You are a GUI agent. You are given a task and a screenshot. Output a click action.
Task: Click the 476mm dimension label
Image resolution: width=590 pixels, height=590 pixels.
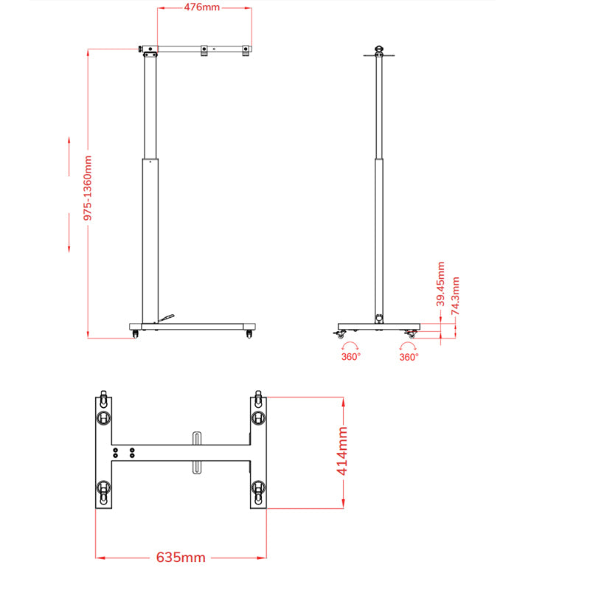point(201,7)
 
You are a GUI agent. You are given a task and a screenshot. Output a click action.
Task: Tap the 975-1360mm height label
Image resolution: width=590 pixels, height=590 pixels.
point(88,187)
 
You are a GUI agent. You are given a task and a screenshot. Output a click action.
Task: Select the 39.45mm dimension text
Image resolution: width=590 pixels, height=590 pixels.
point(441,284)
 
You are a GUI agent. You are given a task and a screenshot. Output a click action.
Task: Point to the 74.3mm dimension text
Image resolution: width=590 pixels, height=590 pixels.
point(456,296)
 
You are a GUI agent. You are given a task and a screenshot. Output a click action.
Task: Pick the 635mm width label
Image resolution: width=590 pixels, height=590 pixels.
point(181,558)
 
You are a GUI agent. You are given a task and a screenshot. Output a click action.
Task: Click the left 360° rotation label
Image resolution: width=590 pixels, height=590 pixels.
point(351,356)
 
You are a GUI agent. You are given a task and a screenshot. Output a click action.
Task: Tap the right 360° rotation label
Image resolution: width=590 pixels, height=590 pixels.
point(409,356)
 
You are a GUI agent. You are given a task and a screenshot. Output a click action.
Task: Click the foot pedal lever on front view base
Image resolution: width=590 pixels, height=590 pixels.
point(166,318)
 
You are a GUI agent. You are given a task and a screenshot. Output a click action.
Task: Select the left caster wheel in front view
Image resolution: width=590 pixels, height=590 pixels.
point(135,334)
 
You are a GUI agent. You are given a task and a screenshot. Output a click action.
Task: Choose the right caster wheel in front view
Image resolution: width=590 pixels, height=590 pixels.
point(249,334)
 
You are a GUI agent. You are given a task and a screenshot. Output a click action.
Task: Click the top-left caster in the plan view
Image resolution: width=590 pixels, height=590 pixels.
point(103,417)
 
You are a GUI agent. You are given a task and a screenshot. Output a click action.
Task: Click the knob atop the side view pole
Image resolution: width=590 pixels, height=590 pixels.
point(380,50)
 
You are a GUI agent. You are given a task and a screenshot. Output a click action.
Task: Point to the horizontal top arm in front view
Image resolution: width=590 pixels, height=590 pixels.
point(203,49)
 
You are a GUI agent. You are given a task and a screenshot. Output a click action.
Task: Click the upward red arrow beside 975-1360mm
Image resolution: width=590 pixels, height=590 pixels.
point(69,147)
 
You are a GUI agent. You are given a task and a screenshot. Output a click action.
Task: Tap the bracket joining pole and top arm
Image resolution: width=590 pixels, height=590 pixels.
point(150,51)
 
